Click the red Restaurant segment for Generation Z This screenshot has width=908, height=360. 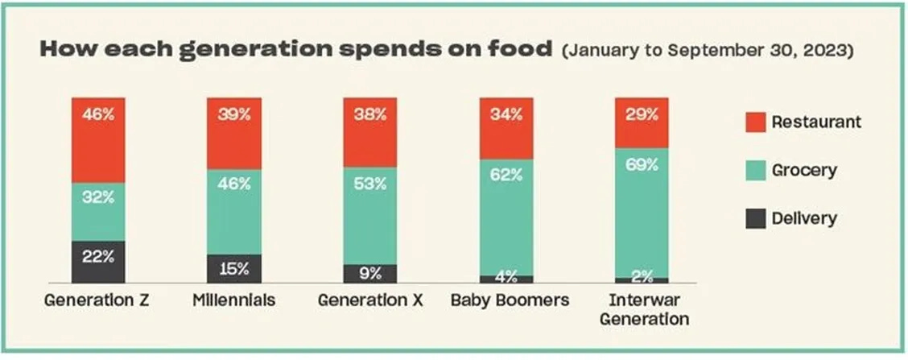pyautogui.click(x=98, y=140)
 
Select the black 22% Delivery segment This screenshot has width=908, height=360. pyautogui.click(x=98, y=262)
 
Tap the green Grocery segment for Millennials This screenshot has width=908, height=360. pyautogui.click(x=234, y=212)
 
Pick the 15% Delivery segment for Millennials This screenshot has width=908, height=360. pyautogui.click(x=234, y=269)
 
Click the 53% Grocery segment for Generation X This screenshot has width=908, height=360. pyautogui.click(x=370, y=216)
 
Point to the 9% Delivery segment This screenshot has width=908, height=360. pyautogui.click(x=370, y=274)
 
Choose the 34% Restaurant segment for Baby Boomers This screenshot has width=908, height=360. pyautogui.click(x=506, y=129)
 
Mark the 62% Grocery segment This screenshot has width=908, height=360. pyautogui.click(x=506, y=217)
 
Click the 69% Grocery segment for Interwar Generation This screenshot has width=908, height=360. pyautogui.click(x=642, y=213)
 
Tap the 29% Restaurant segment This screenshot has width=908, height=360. pyautogui.click(x=642, y=123)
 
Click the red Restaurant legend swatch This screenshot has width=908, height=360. pyautogui.click(x=756, y=122)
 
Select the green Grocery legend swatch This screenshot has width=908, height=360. pyautogui.click(x=756, y=171)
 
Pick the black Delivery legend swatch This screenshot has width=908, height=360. pyautogui.click(x=756, y=219)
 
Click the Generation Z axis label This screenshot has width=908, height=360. pyautogui.click(x=97, y=301)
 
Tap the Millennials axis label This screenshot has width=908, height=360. pyautogui.click(x=234, y=301)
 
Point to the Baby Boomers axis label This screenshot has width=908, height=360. pyautogui.click(x=510, y=301)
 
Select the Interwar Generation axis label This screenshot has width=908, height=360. pyautogui.click(x=645, y=310)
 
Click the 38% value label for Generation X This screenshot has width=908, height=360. pyautogui.click(x=370, y=115)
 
